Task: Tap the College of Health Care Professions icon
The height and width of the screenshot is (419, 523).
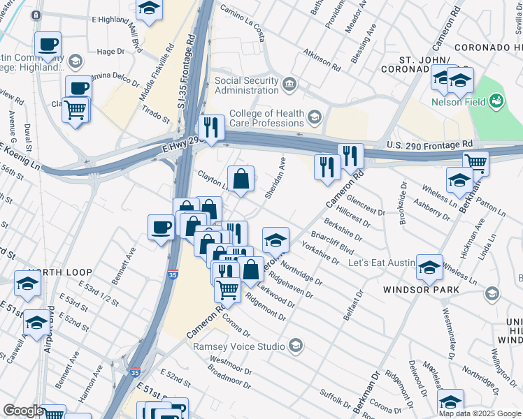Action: (x=315, y=116)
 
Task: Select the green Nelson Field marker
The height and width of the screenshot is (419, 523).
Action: (x=496, y=102)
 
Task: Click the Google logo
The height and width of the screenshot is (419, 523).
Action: (x=22, y=411)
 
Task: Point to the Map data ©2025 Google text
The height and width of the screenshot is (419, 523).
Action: (x=480, y=413)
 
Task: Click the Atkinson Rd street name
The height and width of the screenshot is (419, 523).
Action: (x=322, y=61)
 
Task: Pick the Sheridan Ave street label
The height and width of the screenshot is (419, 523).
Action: (x=275, y=178)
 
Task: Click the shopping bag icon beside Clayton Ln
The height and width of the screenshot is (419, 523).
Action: (x=241, y=179)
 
